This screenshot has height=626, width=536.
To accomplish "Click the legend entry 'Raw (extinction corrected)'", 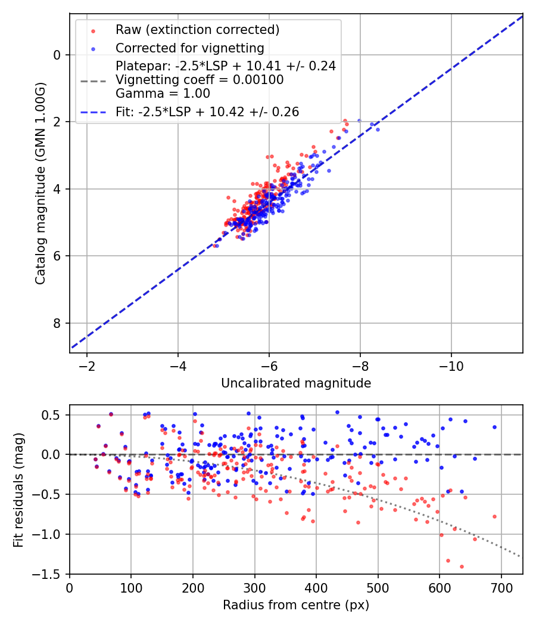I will tap(197, 30).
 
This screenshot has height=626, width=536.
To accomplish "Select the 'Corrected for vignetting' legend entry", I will tap(189, 48).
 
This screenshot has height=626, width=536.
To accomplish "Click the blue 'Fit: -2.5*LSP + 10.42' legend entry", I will tap(207, 111).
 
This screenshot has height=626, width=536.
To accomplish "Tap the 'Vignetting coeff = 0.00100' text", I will tap(200, 80).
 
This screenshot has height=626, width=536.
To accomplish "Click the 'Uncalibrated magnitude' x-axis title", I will tap(296, 383).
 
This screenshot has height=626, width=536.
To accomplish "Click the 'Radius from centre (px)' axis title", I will tap(296, 605).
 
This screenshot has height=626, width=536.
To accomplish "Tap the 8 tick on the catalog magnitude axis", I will tap(58, 323).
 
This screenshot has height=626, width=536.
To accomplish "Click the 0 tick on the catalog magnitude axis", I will tap(58, 55).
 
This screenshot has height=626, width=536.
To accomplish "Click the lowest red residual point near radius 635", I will tap(462, 566).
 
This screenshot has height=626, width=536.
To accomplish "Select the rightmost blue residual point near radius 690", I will tap(494, 427).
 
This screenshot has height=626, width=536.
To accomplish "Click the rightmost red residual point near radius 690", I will tap(494, 516).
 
